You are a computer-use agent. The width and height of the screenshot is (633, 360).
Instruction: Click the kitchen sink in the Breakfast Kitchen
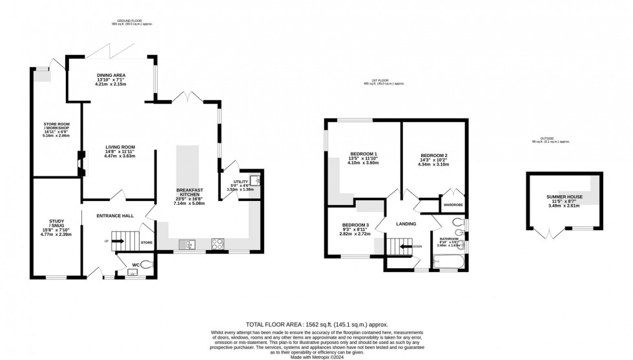tap(188, 244)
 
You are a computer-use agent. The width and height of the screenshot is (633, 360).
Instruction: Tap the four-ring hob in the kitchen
tap(218, 244)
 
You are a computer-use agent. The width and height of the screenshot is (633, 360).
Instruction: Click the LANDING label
tap(406, 224)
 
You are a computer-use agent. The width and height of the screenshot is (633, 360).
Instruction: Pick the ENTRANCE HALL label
tap(115, 215)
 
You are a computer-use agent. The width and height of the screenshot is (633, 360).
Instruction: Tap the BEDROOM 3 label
tap(355, 227)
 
